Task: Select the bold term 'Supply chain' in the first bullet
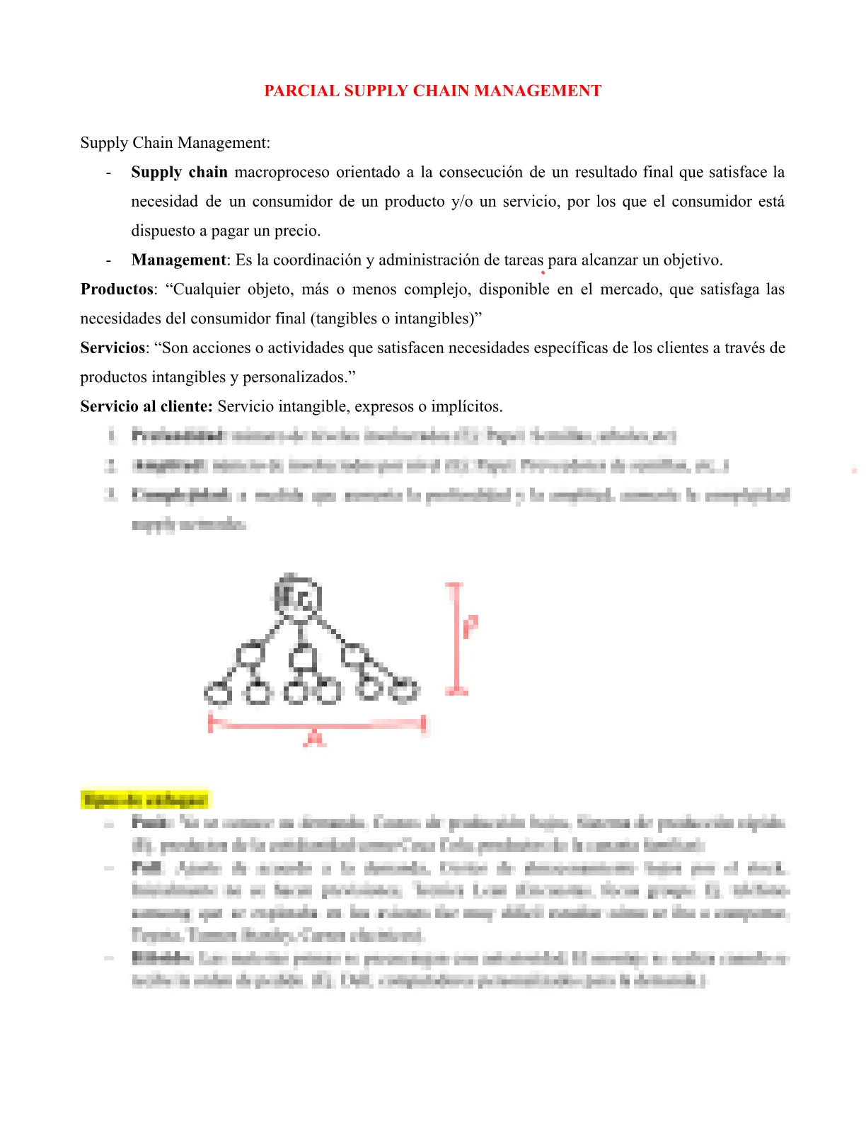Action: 179,173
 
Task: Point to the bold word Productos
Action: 117,289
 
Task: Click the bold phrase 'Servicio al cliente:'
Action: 146,407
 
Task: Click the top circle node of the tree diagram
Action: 298,599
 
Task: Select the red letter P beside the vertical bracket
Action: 470,626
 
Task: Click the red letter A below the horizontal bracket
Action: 315,739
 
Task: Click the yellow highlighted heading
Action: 145,800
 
